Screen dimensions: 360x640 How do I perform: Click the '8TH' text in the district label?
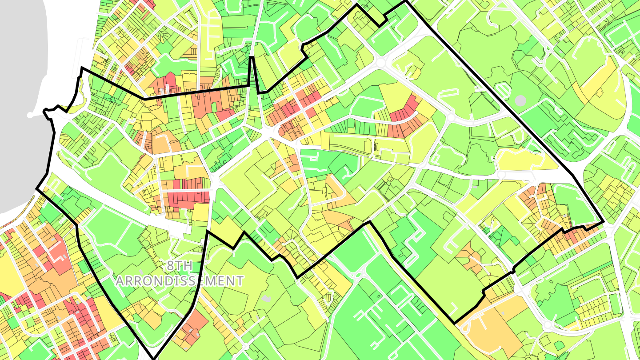(x=180, y=266)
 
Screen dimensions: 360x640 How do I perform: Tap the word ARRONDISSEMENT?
(x=180, y=281)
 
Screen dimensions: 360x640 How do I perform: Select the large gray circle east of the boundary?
(x=520, y=100)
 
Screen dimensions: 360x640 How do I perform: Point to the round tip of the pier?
(x=30, y=115)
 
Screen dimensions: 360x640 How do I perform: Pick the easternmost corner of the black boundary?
(x=603, y=222)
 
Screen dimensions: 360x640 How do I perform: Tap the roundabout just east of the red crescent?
(x=450, y=117)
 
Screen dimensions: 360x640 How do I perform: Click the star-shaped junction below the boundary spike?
(x=267, y=132)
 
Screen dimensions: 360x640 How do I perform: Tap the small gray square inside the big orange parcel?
(x=503, y=314)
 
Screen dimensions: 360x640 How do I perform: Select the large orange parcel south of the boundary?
(x=493, y=324)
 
